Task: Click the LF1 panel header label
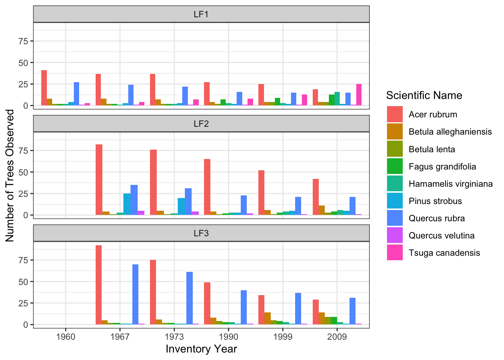[x=201, y=14]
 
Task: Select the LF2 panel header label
[x=201, y=123]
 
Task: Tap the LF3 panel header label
[x=201, y=233]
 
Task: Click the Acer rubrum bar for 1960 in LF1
[x=44, y=88]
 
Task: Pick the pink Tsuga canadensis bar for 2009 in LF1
[x=359, y=95]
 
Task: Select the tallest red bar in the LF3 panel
[x=99, y=285]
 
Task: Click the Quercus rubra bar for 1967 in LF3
[x=135, y=294]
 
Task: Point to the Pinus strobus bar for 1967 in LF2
[x=127, y=204]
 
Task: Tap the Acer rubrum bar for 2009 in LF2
[x=316, y=197]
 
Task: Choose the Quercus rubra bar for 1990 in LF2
[x=244, y=205]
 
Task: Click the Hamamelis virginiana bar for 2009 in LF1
[x=337, y=99]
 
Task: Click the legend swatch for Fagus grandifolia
[x=395, y=166]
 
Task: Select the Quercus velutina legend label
[x=441, y=235]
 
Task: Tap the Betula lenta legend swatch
[x=395, y=149]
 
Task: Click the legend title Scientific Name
[x=424, y=95]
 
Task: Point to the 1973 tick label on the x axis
[x=174, y=337]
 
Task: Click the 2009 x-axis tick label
[x=337, y=337]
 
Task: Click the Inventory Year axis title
[x=201, y=349]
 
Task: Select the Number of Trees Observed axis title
[x=10, y=175]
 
